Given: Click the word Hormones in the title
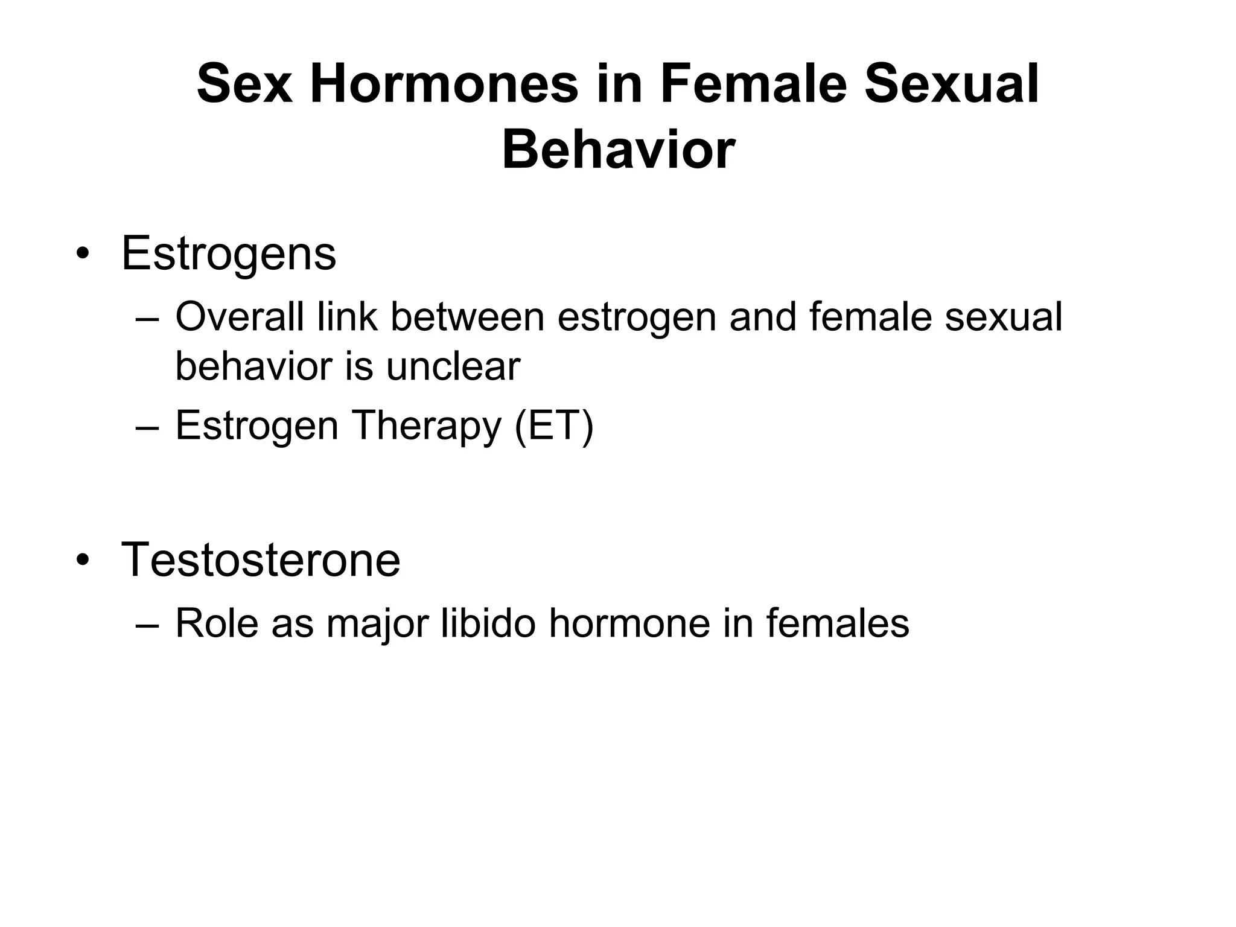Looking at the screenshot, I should pos(444,84).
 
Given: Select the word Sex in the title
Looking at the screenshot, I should pos(244,84).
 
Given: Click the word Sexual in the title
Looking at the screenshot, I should pos(952,84).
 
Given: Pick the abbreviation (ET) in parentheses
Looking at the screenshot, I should pos(554,426).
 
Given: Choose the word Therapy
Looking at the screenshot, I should pos(426,426).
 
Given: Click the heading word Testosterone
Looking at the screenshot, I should pos(261,560).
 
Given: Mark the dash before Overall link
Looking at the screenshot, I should pos(148,318).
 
